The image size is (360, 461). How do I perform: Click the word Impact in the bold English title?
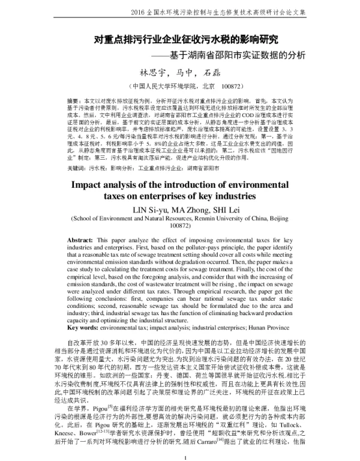tap(92, 184)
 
